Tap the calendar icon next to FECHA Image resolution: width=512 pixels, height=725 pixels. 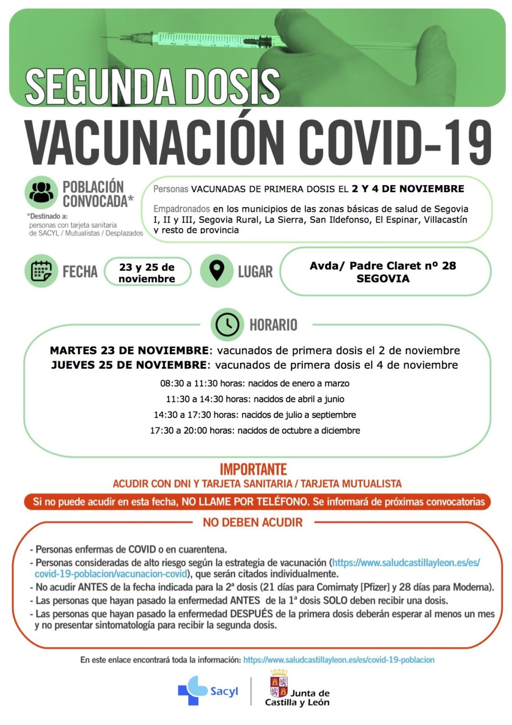(41, 271)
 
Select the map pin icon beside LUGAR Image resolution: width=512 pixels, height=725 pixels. (217, 271)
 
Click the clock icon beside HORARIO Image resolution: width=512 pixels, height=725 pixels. (227, 325)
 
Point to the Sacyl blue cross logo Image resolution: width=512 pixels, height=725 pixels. (193, 690)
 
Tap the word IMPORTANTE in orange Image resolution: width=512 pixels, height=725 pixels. (253, 469)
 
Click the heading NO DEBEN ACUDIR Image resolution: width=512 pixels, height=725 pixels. (253, 522)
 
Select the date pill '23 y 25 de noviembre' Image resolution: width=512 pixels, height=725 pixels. (147, 273)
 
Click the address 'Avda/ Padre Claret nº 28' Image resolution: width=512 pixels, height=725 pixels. (383, 266)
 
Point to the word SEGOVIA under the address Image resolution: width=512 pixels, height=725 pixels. (383, 279)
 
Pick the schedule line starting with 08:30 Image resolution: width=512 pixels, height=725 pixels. (255, 384)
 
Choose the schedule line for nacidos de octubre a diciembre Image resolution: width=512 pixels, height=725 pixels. (255, 431)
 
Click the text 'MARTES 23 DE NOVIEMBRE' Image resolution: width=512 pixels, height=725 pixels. (129, 351)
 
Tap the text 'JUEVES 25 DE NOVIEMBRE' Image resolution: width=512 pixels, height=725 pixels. (129, 365)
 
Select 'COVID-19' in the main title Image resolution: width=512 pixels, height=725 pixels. (396, 142)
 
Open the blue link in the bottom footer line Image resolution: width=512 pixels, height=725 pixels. (338, 660)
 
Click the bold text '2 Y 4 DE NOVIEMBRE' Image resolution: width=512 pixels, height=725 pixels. (407, 189)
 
